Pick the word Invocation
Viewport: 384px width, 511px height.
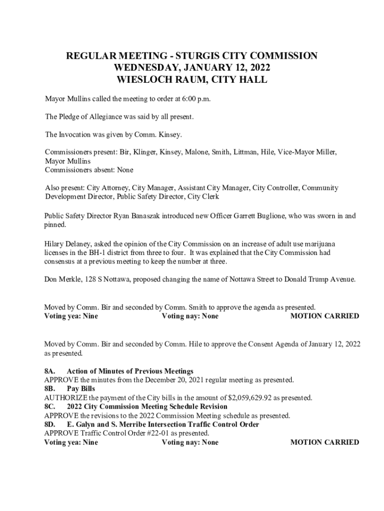point(79,134)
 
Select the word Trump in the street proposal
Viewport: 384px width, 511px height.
point(315,279)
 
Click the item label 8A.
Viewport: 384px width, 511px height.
point(49,371)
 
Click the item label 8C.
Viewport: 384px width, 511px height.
point(50,407)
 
